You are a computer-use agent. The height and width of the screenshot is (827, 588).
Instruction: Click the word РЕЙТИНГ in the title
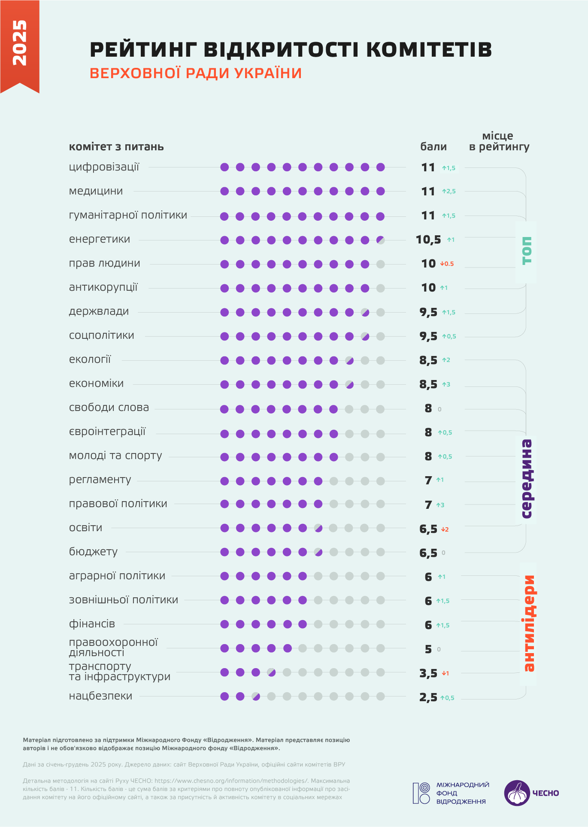(x=143, y=50)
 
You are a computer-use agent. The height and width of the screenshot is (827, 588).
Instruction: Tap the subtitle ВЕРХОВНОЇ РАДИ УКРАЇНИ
(x=196, y=73)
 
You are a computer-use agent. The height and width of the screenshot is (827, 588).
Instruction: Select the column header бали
(x=433, y=147)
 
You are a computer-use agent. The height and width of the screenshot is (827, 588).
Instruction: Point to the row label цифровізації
(x=104, y=167)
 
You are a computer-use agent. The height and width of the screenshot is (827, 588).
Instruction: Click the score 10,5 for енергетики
(x=428, y=240)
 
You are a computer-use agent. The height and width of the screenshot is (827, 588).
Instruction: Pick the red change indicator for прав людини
(x=447, y=264)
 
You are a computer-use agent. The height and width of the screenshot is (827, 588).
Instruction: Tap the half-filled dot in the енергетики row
(x=380, y=240)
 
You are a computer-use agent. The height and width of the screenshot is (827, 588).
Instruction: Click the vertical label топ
(x=526, y=251)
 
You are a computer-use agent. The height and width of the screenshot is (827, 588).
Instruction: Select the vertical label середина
(x=526, y=479)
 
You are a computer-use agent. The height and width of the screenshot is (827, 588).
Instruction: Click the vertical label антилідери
(x=528, y=623)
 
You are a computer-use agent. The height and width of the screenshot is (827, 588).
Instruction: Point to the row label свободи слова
(x=109, y=407)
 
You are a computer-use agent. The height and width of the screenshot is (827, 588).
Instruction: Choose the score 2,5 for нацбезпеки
(x=428, y=698)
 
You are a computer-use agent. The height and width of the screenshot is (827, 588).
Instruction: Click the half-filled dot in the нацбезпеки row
(x=256, y=696)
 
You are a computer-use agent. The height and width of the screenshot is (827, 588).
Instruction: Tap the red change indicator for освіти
(x=445, y=529)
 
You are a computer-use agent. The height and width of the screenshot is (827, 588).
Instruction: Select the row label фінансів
(x=92, y=624)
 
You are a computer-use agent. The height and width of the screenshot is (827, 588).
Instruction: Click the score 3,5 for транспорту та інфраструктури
(x=428, y=673)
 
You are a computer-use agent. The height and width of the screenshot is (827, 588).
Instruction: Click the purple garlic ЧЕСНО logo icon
(x=517, y=793)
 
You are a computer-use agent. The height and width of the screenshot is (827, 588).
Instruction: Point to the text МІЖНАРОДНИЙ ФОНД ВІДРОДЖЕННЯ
(x=462, y=793)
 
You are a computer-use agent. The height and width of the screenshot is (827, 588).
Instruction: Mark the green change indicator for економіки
(x=446, y=385)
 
